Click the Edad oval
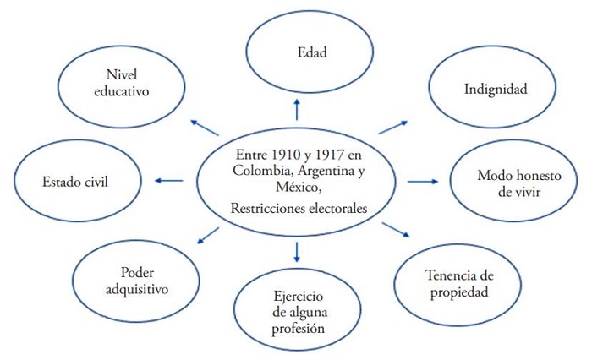(295, 52)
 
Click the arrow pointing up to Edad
(296, 108)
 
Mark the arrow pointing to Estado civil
(170, 180)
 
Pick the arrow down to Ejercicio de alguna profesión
(296, 251)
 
